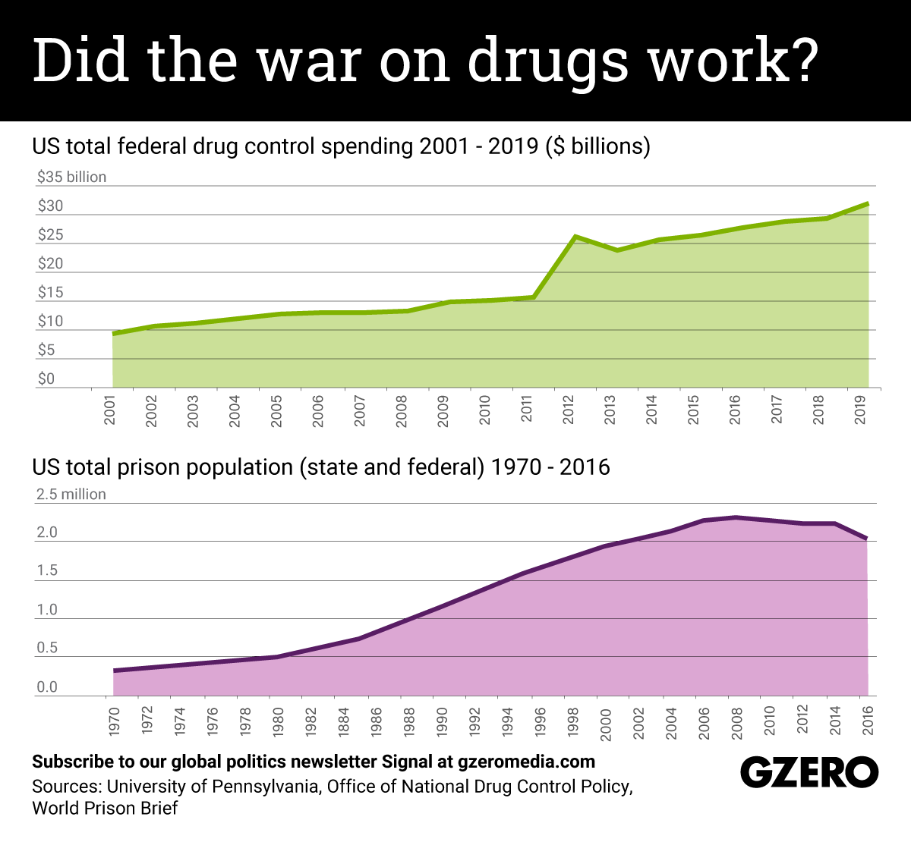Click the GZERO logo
point(809,773)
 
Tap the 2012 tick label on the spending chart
point(569,410)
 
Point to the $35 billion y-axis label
point(71,177)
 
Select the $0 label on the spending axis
point(46,379)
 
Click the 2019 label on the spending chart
point(861,410)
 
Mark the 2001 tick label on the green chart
point(110,410)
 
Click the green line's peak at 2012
point(576,237)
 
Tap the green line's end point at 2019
point(867,203)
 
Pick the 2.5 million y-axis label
point(71,494)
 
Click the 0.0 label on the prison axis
point(47,687)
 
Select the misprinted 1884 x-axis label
point(344,721)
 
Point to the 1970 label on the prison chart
point(114,721)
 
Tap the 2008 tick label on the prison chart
point(736,721)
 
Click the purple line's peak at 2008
point(735,517)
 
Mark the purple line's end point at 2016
point(866,539)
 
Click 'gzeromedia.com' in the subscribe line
point(526,761)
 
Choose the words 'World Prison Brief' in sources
point(105,808)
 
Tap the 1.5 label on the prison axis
point(47,570)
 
